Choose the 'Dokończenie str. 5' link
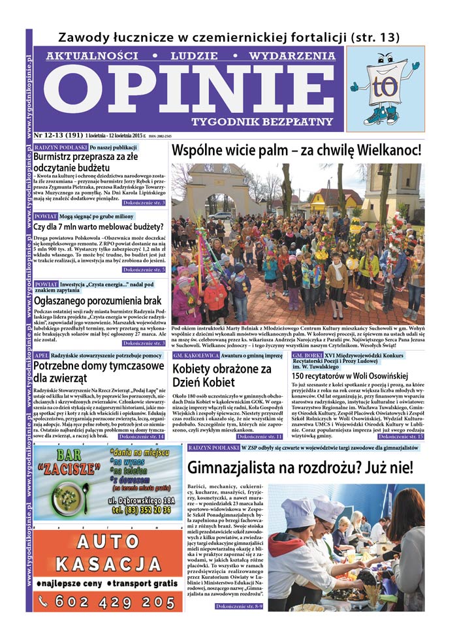pyautogui.click(x=144, y=269)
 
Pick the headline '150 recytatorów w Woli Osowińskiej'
pyautogui.click(x=349, y=376)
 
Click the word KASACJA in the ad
pyautogui.click(x=107, y=563)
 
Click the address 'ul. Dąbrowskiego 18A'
pyautogui.click(x=144, y=500)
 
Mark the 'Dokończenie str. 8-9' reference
pyautogui.click(x=240, y=606)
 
